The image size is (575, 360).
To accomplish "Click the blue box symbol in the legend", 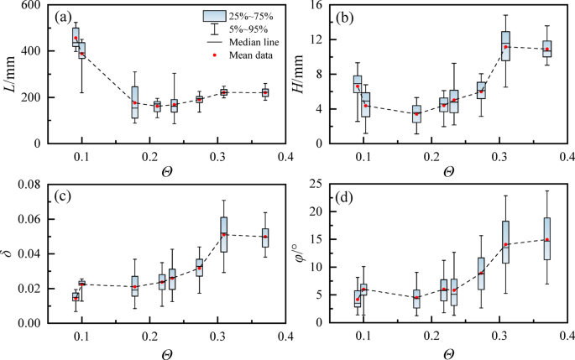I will click(x=214, y=15).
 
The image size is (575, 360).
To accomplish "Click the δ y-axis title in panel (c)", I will click(x=13, y=251).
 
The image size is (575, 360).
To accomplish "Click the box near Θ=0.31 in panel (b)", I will click(x=505, y=46).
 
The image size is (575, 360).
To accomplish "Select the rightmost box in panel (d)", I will click(x=547, y=238).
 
